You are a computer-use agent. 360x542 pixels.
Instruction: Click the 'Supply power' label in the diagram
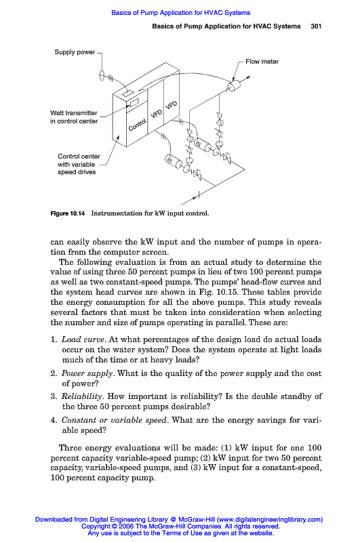[75, 52]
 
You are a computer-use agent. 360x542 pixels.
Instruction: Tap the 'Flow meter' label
[262, 62]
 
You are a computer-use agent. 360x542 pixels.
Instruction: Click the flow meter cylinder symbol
[234, 85]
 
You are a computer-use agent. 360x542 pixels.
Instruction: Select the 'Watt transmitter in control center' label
[74, 117]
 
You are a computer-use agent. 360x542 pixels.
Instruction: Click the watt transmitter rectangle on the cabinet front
[134, 102]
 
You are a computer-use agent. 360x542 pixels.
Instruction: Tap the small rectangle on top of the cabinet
[127, 93]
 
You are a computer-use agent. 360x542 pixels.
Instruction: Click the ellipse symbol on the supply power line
[102, 75]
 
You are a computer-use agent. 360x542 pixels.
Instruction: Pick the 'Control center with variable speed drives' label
[79, 164]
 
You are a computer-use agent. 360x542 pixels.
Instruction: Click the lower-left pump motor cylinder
[173, 161]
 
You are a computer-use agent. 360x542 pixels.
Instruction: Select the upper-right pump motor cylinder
[202, 144]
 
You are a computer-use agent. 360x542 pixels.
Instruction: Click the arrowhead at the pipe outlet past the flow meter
[248, 77]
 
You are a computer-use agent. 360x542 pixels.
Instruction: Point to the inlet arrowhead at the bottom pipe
[184, 203]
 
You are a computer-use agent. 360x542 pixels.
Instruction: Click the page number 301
[316, 26]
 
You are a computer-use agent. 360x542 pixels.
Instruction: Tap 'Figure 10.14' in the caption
[67, 213]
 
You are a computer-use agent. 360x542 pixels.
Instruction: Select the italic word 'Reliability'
[81, 396]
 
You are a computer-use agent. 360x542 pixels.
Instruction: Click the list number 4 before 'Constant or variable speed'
[54, 420]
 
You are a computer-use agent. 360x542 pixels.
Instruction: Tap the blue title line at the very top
[180, 13]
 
